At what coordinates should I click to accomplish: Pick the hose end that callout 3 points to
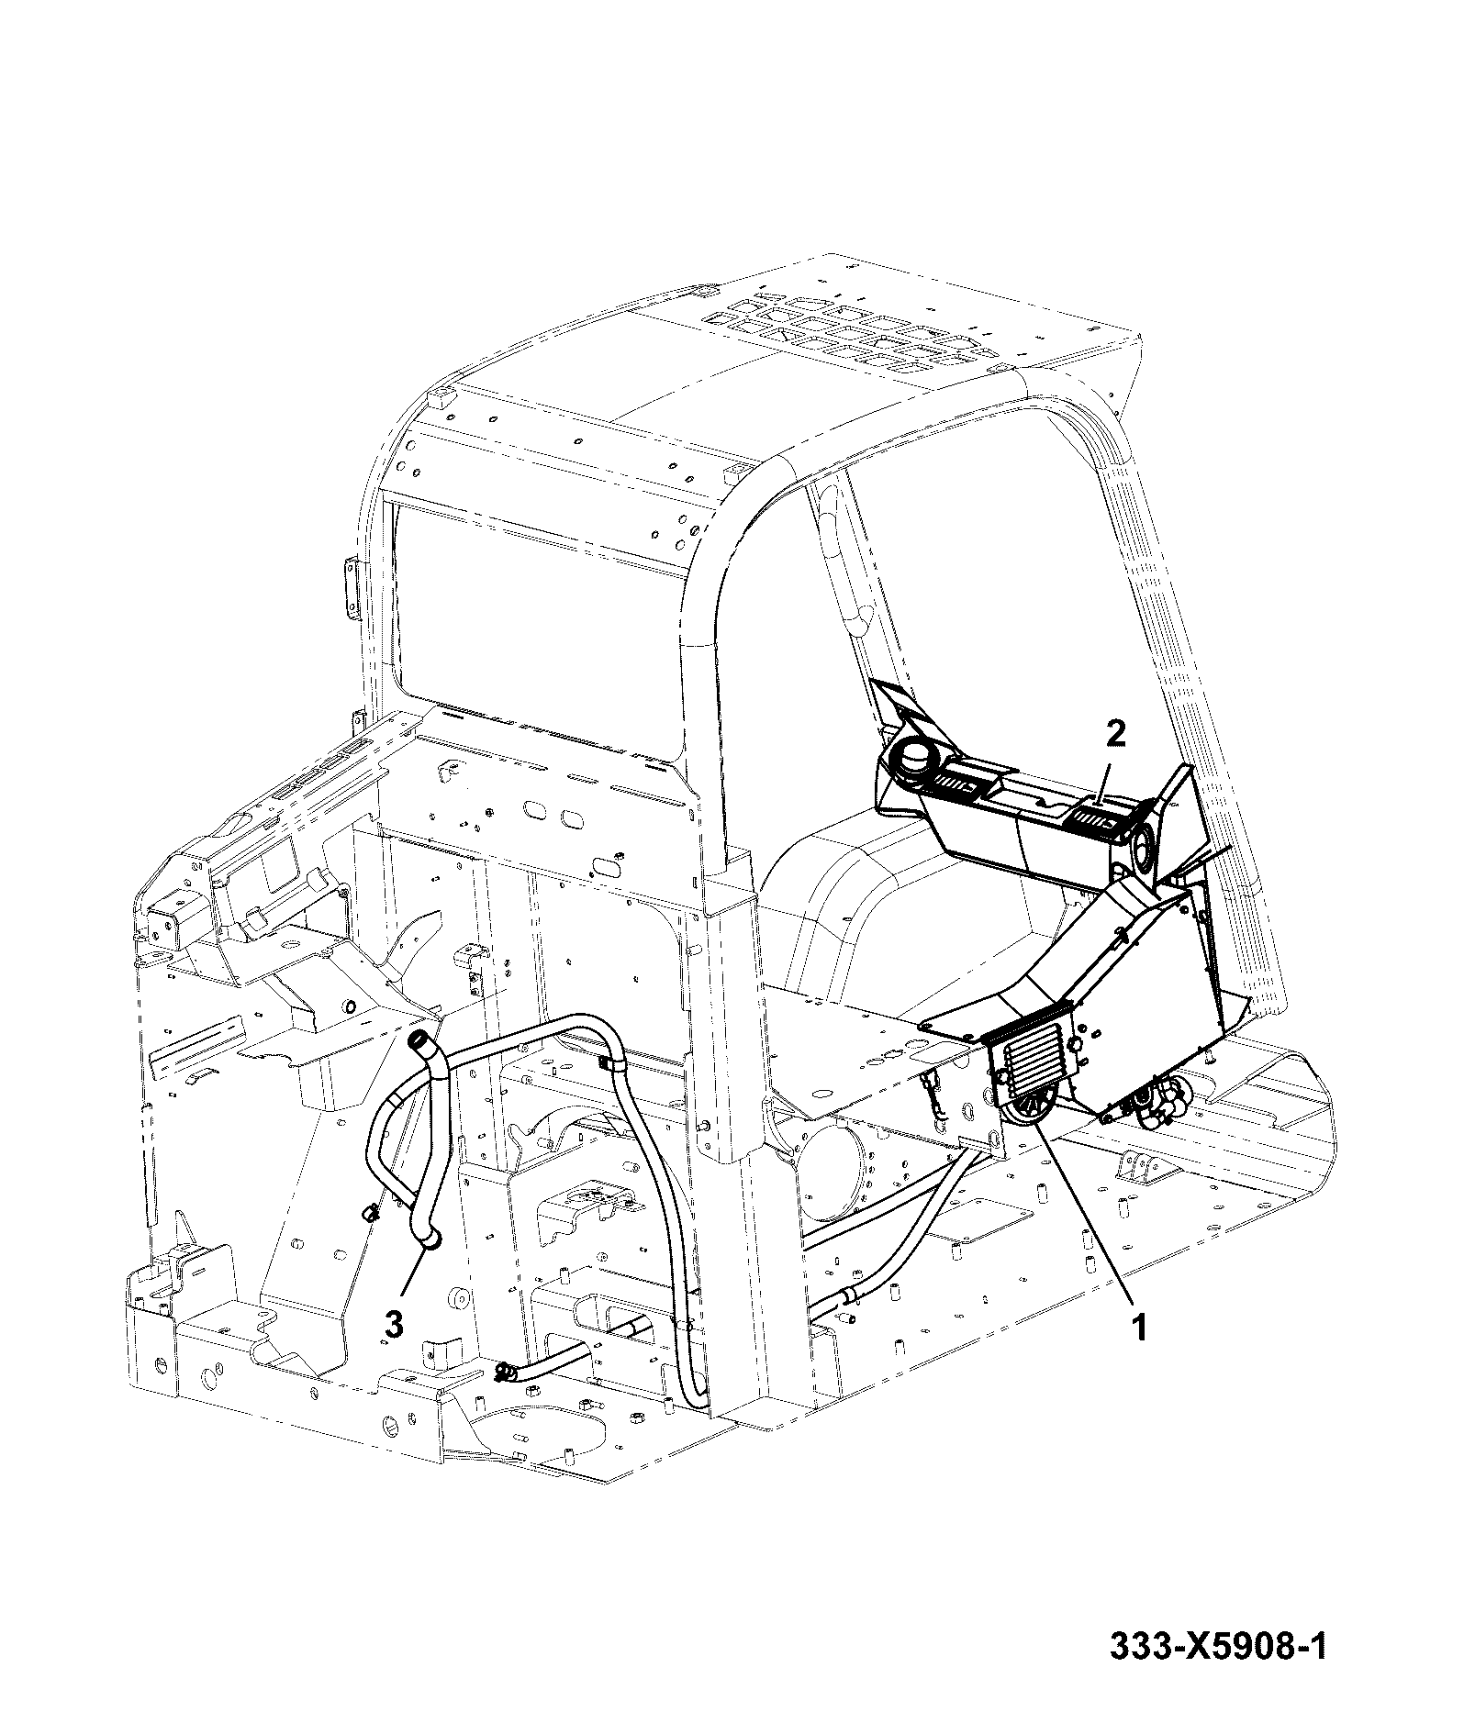click(429, 1240)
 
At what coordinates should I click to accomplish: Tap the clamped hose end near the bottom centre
click(505, 1398)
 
